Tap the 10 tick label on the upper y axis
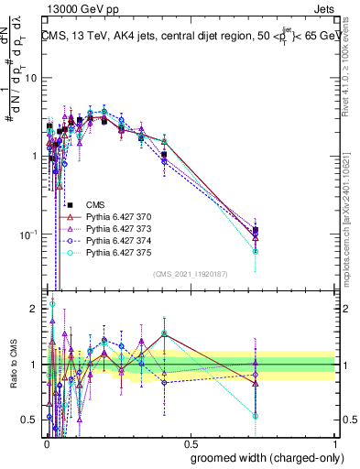point(31,78)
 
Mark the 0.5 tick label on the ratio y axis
point(30,420)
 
